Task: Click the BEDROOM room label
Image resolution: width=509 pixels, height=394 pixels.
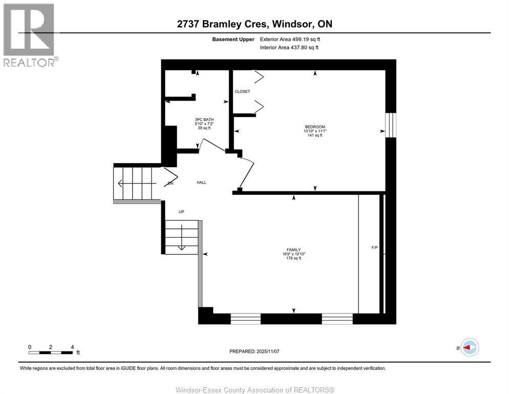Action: (315, 127)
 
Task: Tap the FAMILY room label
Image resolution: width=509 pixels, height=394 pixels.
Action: (293, 249)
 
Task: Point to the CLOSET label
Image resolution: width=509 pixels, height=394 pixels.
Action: (242, 92)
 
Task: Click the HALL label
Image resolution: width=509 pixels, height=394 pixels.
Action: (201, 183)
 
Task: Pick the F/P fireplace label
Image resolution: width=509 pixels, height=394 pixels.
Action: (374, 248)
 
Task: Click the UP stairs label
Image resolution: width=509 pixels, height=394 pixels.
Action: (181, 212)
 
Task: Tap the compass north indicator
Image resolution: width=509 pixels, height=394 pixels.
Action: (469, 347)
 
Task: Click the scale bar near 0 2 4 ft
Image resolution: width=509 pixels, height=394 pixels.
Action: (51, 352)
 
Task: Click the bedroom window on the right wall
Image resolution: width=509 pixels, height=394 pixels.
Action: (391, 126)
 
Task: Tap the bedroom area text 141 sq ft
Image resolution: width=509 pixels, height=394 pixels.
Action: (315, 136)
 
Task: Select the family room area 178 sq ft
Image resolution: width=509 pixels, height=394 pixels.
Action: (293, 258)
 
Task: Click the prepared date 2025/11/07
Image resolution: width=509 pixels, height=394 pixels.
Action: (255, 351)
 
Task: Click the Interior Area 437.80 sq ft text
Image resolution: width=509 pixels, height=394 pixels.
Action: (289, 48)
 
